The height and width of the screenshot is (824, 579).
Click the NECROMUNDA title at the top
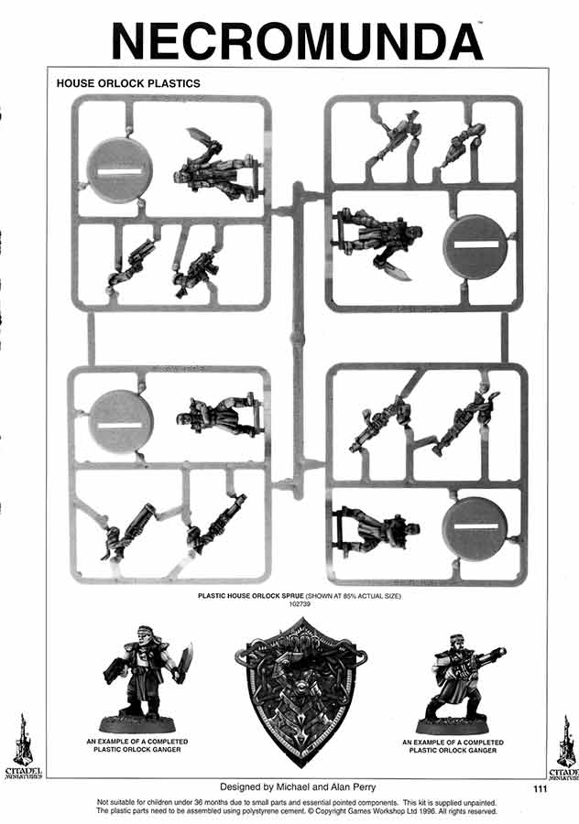pos(297,42)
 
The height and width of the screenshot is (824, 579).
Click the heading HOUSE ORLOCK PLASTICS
pos(128,83)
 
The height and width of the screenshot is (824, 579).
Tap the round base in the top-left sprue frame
pos(120,171)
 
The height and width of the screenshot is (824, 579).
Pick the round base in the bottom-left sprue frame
pos(122,422)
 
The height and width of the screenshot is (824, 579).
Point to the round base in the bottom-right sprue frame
pos(475,527)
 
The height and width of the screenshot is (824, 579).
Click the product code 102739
pos(300,604)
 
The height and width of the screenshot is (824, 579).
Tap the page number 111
pos(540,788)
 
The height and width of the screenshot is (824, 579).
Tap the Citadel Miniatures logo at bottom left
pos(22,746)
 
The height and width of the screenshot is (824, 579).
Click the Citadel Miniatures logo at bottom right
pos(565,747)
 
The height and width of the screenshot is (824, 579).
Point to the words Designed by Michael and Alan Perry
pos(298,786)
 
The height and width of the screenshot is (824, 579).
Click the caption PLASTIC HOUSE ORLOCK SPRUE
pos(251,596)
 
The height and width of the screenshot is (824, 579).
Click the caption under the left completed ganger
pos(137,745)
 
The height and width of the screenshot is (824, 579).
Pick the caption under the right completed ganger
pos(453,746)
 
